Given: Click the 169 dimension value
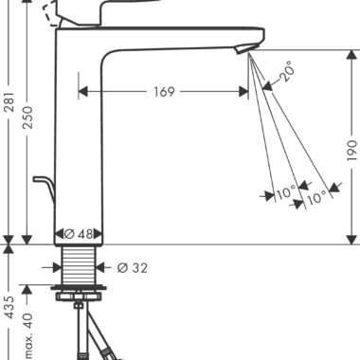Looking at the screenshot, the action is pos(164,92).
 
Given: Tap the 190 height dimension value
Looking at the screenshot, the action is pos(351,151).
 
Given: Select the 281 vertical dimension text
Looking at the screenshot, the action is pos(9,101).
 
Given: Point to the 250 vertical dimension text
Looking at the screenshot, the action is pos(28,117).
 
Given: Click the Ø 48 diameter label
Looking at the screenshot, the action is pos(79,234).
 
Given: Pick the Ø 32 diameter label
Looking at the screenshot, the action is pos(133,268).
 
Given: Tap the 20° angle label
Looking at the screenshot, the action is pos(288,71).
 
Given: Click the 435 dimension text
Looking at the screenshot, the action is pos(9,307).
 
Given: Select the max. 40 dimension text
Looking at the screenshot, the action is pos(28,335).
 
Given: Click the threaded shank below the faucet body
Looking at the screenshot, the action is pos(79,265).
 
